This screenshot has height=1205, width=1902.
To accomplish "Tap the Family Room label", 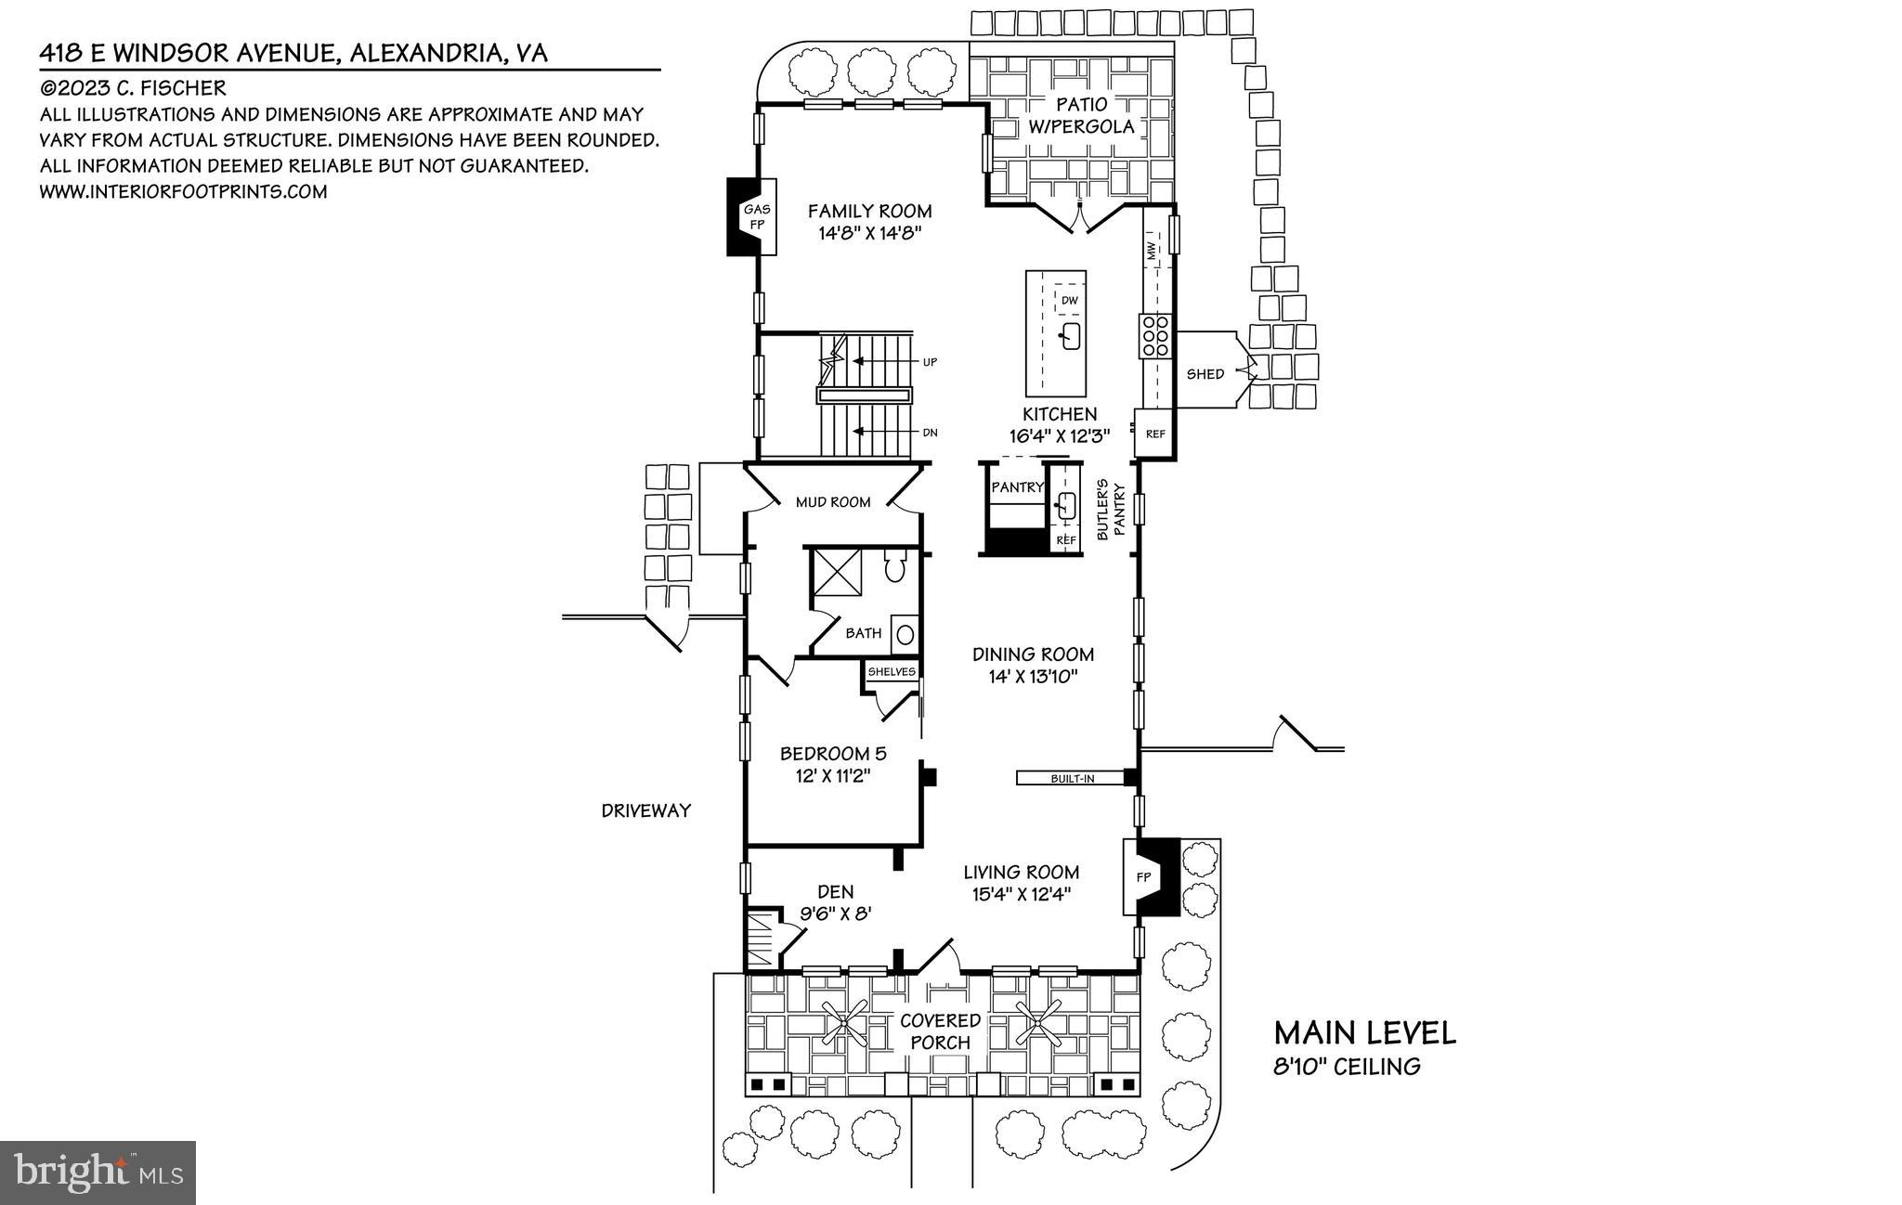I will click(x=869, y=212).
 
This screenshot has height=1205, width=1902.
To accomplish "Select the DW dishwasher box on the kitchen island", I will click(x=1069, y=301).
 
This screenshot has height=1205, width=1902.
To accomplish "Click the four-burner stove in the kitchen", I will click(x=1156, y=336).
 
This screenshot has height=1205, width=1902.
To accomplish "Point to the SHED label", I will click(x=1205, y=374).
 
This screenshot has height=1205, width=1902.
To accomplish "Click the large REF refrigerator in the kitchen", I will click(x=1154, y=434).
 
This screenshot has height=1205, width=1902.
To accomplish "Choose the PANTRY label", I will click(x=1018, y=487).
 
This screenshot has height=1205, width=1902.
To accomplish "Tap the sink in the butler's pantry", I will click(x=1066, y=506).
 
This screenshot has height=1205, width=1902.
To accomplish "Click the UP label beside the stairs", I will click(x=930, y=362).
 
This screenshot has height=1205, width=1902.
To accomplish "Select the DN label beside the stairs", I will click(x=930, y=433).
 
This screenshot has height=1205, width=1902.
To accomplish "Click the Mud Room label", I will click(x=833, y=502).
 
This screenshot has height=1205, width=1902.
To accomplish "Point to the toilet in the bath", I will click(x=895, y=566).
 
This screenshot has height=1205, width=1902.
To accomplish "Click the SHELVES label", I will click(x=892, y=671).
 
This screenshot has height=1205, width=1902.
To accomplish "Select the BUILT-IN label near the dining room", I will click(x=1072, y=778).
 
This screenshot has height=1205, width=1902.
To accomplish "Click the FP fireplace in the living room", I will click(x=1144, y=877).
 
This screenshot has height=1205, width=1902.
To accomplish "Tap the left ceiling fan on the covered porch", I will click(x=847, y=1024).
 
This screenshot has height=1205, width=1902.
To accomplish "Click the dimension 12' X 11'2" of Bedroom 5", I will click(x=832, y=776).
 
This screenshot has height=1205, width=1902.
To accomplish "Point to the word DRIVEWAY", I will click(x=645, y=810).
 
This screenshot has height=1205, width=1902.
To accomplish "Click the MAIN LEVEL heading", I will click(x=1364, y=1032).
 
